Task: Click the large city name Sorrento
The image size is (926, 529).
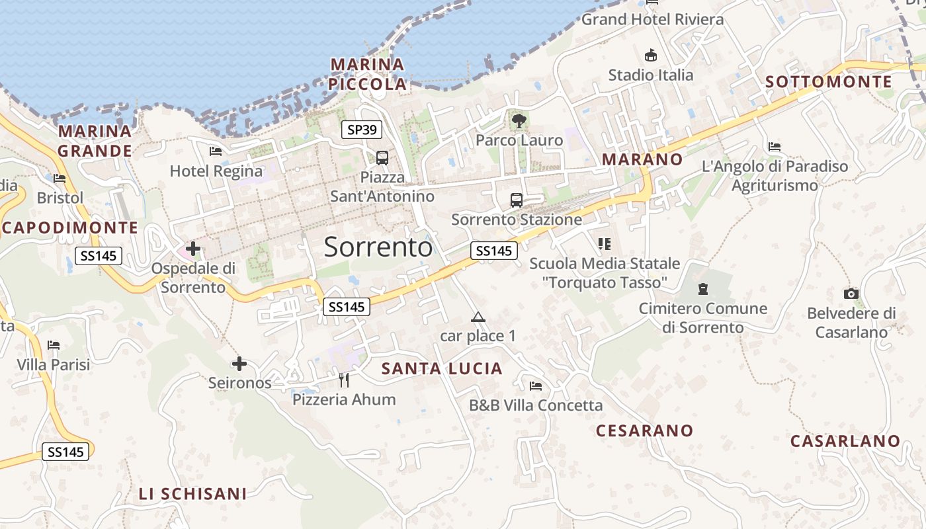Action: (378, 247)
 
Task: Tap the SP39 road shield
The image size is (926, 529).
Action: (362, 130)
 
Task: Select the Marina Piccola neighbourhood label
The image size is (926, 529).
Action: (367, 74)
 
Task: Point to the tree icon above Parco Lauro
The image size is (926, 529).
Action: (519, 120)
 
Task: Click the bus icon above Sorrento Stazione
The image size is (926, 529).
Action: (517, 200)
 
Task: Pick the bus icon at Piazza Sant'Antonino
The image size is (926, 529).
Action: (382, 158)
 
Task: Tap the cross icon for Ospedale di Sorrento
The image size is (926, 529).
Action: (193, 249)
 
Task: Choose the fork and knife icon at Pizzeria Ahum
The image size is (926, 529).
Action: (344, 380)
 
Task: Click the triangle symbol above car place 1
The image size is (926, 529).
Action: (478, 317)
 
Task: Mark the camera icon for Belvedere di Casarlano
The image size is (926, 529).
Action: (851, 294)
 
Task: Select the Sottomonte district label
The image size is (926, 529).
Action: (829, 82)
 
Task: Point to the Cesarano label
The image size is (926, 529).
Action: (644, 430)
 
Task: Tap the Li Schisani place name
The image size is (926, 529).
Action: (192, 493)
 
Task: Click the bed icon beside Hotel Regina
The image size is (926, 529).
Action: (216, 151)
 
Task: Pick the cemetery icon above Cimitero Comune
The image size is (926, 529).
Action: (702, 289)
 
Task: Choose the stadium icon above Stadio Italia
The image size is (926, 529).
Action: (652, 55)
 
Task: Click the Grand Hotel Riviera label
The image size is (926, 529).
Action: (652, 19)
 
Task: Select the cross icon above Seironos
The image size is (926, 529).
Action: (239, 364)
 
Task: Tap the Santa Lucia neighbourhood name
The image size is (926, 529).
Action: (442, 368)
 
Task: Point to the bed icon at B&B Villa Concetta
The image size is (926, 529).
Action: (536, 386)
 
